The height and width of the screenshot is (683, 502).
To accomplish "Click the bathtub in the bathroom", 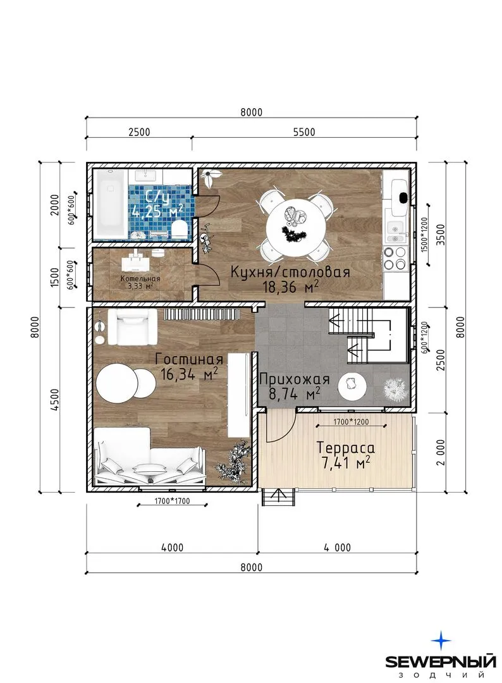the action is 111,204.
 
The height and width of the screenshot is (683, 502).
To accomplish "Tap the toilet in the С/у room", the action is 179,229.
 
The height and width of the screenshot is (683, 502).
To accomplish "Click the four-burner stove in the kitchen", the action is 395,258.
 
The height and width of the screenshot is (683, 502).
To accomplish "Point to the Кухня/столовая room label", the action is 290,272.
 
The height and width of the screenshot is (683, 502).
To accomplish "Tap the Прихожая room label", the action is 295,379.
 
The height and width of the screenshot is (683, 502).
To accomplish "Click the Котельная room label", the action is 140,279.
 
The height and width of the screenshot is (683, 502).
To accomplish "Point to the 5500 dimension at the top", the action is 304,132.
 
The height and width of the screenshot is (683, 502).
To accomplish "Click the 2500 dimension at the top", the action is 139,132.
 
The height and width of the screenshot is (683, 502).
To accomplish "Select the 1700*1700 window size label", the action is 172,501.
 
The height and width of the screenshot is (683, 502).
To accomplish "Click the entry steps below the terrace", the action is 279,496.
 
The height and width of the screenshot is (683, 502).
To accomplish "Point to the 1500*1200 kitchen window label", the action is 425,235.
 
